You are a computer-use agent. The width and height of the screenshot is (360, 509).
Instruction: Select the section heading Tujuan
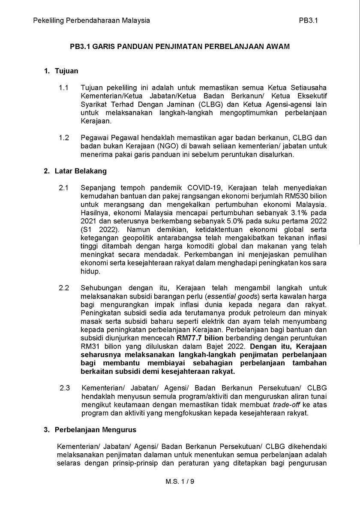tap(66, 71)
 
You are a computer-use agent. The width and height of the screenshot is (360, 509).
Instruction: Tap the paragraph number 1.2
tap(64, 138)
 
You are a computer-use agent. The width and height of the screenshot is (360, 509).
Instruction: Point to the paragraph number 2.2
tap(64, 288)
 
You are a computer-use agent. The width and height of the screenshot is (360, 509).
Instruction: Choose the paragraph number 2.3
tap(65, 388)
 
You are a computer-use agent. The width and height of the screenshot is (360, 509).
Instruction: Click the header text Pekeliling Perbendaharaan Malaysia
tap(91, 20)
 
